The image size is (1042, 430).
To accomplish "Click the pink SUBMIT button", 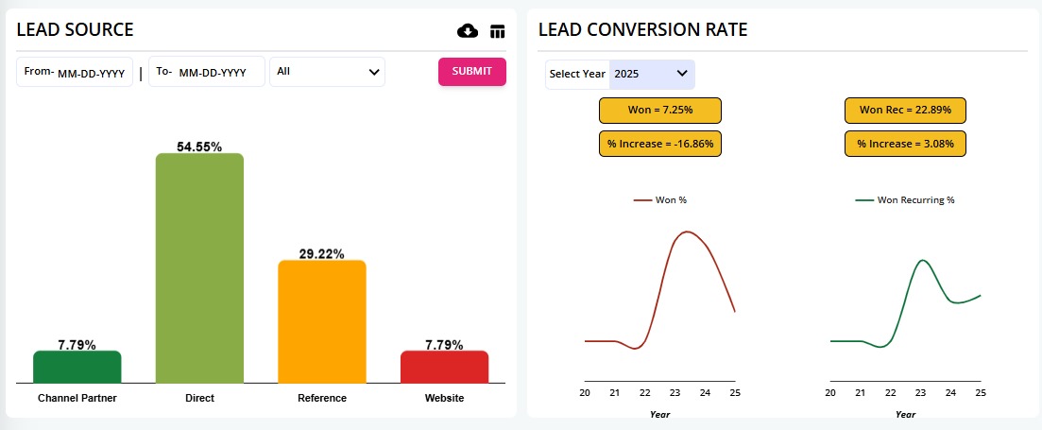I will tap(471, 72).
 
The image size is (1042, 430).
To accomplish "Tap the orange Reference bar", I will tap(321, 321).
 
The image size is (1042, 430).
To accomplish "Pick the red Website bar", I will tap(444, 367).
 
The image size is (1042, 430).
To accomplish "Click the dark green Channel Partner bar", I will tap(77, 367).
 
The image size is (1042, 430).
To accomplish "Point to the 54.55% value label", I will tap(199, 146).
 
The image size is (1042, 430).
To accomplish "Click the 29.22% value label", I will tap(321, 254).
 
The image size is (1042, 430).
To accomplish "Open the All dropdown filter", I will tap(327, 72).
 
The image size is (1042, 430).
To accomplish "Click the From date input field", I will tap(93, 73).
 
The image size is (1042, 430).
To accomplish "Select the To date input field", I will tap(219, 73).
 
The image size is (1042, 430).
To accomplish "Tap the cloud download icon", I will tap(468, 31).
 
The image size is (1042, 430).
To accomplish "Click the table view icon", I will tap(498, 31).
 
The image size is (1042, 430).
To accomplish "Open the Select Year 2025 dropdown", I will tap(651, 74).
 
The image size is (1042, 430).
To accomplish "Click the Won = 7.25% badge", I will tap(660, 111).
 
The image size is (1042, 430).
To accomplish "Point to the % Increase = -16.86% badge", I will tap(660, 145).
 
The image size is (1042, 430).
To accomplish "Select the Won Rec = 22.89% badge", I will tap(905, 111).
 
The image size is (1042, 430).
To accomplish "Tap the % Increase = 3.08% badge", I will tap(905, 145).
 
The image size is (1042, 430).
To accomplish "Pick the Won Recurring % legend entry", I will tap(905, 200).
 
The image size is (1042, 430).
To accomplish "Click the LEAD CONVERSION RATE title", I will tap(642, 29).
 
